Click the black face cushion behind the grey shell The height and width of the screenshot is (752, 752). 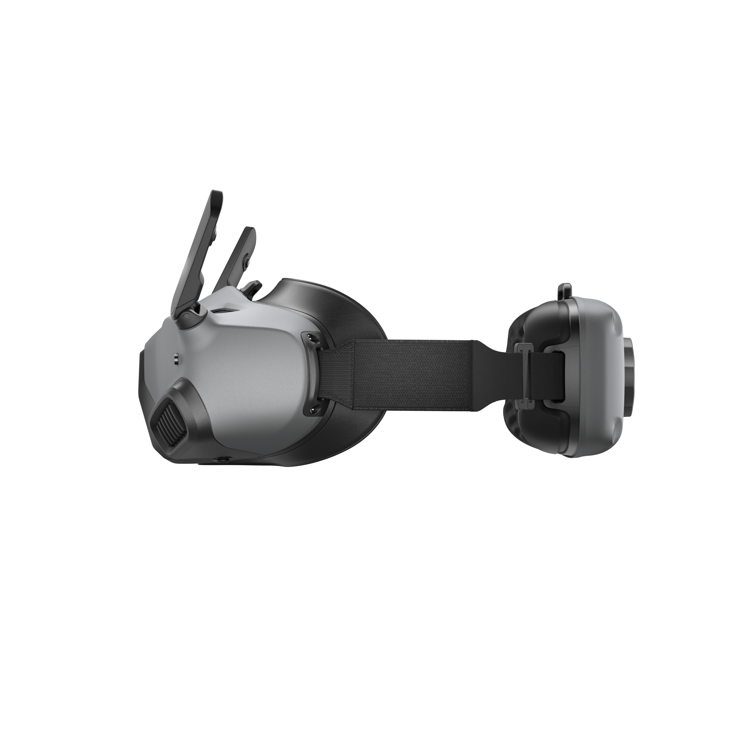click(350, 311)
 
